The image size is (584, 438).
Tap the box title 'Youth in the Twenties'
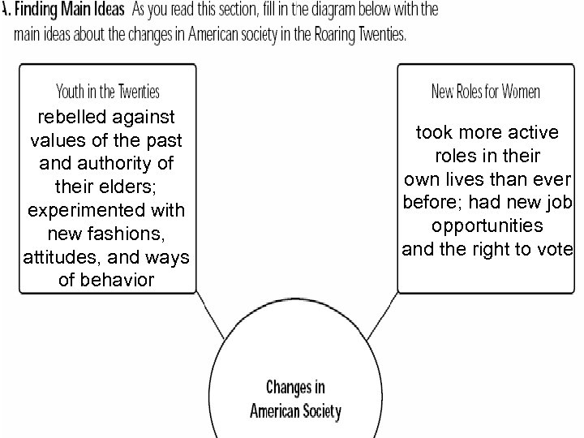pyautogui.click(x=106, y=91)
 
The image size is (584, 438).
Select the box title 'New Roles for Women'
pyautogui.click(x=485, y=91)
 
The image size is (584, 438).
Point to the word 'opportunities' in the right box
pyautogui.click(x=487, y=225)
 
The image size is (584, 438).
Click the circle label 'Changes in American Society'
pyautogui.click(x=295, y=397)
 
